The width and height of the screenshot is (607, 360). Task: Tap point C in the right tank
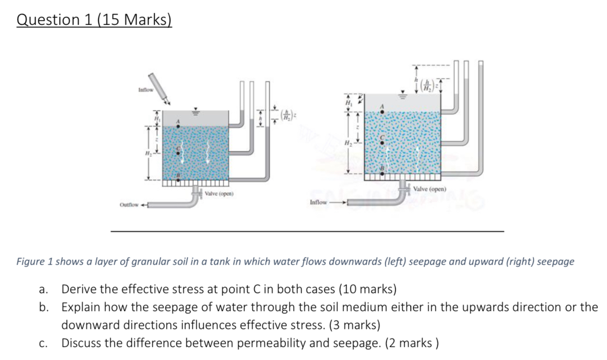(383, 141)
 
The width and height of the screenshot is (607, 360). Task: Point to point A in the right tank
(382, 112)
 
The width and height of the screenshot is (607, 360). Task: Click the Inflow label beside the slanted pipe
(146, 89)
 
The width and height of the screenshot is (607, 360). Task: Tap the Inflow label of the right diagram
(319, 202)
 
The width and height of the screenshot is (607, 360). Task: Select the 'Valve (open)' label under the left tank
(219, 194)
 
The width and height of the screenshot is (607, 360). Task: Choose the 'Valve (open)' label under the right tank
(428, 189)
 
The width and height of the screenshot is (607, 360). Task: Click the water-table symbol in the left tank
(194, 113)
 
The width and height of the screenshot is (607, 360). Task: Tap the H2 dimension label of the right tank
(348, 143)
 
